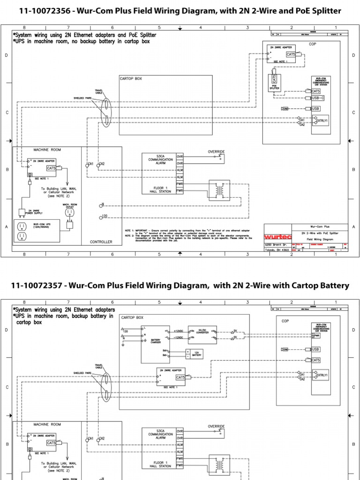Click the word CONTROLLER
102,242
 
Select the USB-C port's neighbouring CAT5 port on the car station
315,91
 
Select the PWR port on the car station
316,335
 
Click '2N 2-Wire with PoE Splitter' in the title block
307,232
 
